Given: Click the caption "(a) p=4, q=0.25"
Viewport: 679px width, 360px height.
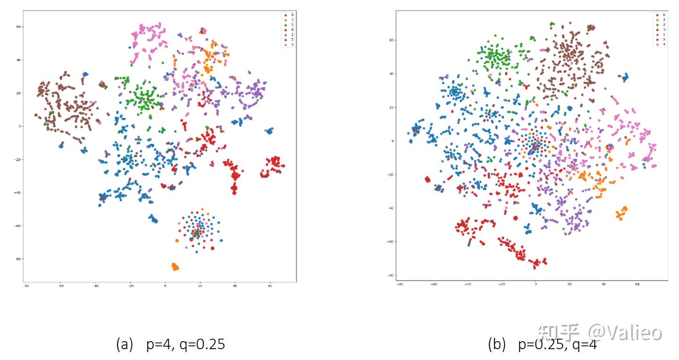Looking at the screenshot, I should pyautogui.click(x=170, y=345).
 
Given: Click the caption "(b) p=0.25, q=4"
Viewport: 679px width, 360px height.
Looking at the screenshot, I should pyautogui.click(x=542, y=345).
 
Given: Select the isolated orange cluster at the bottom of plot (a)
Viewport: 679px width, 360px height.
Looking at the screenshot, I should pyautogui.click(x=175, y=267).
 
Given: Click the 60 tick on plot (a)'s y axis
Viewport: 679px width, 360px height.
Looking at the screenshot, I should pyautogui.click(x=19, y=27).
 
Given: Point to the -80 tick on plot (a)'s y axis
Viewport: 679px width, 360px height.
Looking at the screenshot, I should pyautogui.click(x=18, y=259).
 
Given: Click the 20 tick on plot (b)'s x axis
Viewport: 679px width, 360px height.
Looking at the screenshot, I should pyautogui.click(x=569, y=285).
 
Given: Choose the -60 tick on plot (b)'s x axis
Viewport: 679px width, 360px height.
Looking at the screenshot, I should pyautogui.click(x=434, y=285).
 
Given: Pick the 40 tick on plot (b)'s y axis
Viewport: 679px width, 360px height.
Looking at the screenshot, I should pyautogui.click(x=391, y=74).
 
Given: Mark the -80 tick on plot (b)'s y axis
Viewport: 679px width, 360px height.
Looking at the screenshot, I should pyautogui.click(x=390, y=276).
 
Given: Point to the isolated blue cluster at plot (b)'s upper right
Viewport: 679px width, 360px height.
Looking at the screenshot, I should pyautogui.click(x=625, y=77).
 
